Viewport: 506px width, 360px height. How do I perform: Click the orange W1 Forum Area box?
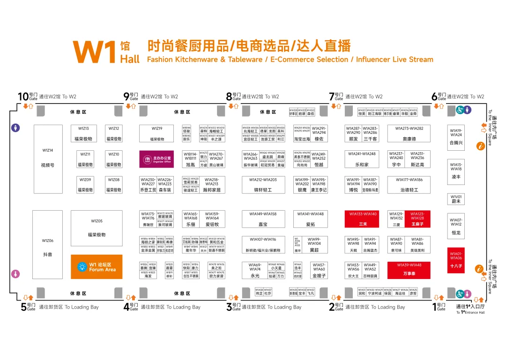pos(97,267)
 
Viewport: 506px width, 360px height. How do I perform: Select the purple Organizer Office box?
pos(157,159)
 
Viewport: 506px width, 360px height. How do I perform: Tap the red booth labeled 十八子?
pos(456,260)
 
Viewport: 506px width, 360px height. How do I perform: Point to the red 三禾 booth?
pos(363,219)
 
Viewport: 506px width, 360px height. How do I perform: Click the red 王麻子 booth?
pos(417,219)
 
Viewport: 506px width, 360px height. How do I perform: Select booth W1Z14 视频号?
pos(48,159)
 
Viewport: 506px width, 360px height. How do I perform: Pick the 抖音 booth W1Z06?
pos(47,248)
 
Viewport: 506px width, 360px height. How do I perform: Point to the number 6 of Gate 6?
pos(435,97)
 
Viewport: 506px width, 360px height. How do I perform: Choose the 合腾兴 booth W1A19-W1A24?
pos(456,138)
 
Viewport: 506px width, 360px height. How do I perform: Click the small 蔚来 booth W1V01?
pos(456,199)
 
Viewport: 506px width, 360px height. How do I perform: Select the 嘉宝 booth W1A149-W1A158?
pos(263,219)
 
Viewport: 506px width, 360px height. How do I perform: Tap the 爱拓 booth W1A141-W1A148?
pos(310,219)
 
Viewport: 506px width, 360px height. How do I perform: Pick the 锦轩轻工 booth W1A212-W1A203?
pos(263,184)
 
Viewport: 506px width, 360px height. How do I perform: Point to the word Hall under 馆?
pos(130,59)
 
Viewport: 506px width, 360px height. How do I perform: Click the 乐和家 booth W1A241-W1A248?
pos(362,159)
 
